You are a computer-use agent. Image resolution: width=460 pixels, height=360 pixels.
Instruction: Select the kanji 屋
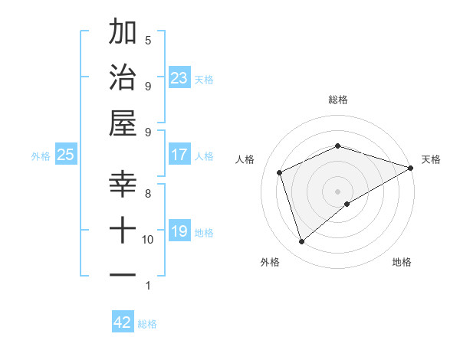pos(123,123)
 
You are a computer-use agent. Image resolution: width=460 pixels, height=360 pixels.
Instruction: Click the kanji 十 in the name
pos(123,229)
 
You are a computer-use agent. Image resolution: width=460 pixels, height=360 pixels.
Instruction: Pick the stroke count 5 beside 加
pos(148,40)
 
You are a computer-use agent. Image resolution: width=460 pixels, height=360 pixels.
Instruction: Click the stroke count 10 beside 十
pos(148,239)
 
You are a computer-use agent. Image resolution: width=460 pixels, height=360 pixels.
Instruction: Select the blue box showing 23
pos(179,78)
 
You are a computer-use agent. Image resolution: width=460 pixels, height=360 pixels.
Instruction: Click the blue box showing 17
pos(179,155)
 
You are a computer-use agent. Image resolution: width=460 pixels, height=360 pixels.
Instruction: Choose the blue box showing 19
pos(179,231)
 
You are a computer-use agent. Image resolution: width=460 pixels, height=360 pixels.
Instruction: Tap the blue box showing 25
pos(65,155)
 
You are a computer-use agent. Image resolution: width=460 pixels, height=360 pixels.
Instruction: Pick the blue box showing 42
pos(123,322)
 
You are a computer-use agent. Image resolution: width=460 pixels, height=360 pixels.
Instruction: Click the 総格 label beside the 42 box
pos(147,324)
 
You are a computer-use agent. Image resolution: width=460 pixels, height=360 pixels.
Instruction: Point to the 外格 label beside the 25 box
pos(41,156)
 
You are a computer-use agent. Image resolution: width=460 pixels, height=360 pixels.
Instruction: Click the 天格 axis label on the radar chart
pos(431,159)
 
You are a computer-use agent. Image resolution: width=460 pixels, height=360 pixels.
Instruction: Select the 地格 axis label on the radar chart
pos(402,262)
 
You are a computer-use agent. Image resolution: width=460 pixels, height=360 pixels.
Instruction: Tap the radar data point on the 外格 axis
pos(301,242)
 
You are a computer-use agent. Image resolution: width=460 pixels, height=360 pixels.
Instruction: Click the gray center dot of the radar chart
pos(337,191)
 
